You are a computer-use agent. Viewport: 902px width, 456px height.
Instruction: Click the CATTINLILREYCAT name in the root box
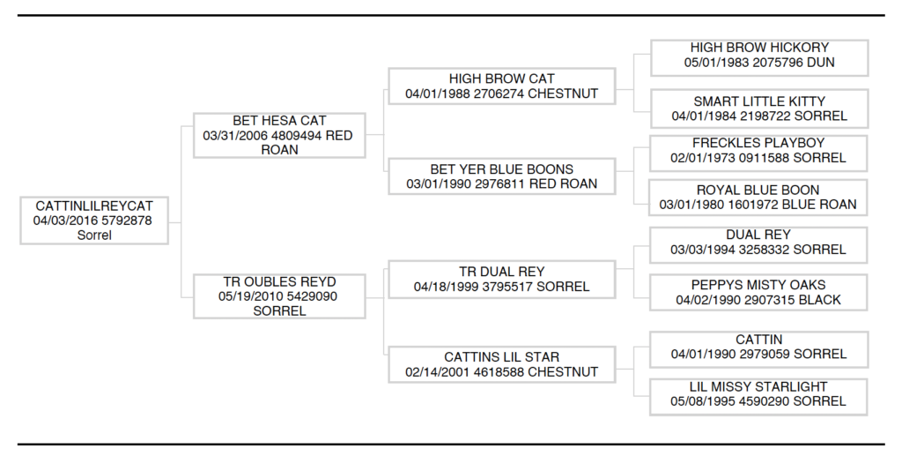(x=94, y=206)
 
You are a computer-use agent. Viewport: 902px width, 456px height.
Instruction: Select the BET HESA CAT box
(x=279, y=135)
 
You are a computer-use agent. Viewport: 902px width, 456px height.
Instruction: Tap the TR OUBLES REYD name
(x=279, y=281)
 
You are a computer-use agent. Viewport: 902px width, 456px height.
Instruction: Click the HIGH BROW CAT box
(x=501, y=86)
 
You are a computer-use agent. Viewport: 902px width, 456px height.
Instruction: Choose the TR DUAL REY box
(x=501, y=279)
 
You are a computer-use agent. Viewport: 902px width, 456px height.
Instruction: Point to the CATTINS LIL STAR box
(x=501, y=364)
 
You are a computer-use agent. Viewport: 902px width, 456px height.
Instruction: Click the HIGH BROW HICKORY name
(x=759, y=48)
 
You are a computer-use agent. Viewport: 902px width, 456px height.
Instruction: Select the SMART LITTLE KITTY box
(x=759, y=108)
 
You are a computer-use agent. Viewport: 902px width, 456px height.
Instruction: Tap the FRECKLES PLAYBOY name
(x=759, y=143)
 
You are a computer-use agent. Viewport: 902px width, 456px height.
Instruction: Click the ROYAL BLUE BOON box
(x=759, y=197)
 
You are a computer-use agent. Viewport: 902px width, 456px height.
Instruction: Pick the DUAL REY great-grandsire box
(x=759, y=243)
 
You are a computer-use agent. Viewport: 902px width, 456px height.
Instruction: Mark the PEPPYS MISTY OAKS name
(x=759, y=285)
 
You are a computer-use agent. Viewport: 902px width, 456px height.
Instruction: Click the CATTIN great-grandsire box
(x=759, y=347)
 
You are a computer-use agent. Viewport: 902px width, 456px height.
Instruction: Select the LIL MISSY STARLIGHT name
(x=759, y=386)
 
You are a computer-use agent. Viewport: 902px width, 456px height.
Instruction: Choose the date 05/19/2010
(x=250, y=296)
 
